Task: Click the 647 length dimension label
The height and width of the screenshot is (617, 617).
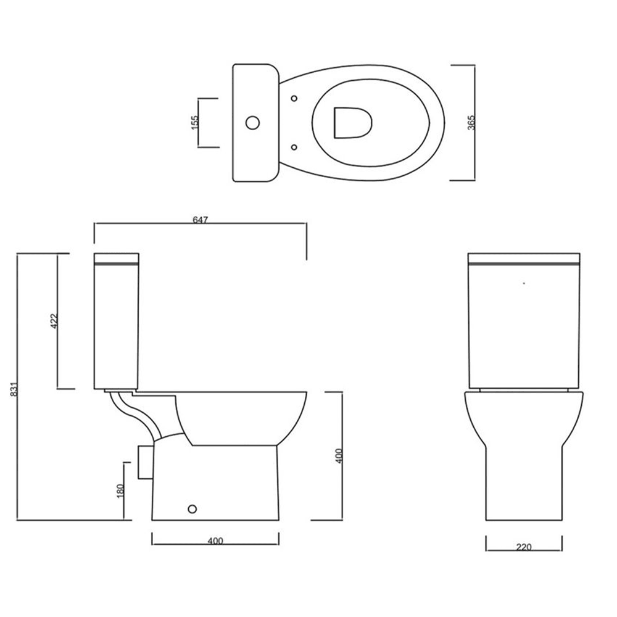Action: click(x=199, y=219)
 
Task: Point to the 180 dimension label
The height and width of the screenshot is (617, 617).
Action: click(x=121, y=491)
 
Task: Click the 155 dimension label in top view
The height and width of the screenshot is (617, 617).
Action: click(x=194, y=122)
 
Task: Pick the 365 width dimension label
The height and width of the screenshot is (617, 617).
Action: click(x=471, y=122)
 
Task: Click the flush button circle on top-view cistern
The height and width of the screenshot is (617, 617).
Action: click(x=251, y=122)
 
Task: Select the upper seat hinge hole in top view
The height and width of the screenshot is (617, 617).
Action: click(x=293, y=98)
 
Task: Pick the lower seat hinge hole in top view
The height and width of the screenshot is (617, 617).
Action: click(x=293, y=147)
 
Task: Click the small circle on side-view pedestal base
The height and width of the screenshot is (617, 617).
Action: click(x=192, y=509)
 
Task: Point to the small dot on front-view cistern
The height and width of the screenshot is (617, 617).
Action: click(x=523, y=283)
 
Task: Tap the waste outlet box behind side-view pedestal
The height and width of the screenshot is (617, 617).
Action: click(x=144, y=462)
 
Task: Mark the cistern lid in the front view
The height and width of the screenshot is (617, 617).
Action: click(x=523, y=258)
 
